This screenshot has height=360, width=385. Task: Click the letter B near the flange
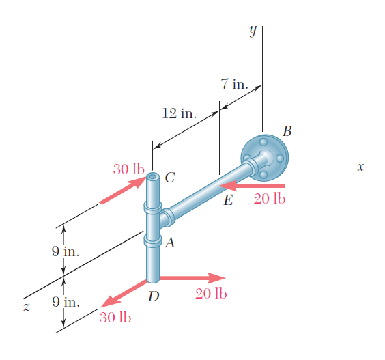coord(287,131)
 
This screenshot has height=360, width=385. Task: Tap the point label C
coord(170,178)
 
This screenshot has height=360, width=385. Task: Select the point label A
coord(170,243)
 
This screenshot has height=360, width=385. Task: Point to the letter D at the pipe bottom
coord(154,296)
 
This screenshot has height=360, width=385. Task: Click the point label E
coord(228,200)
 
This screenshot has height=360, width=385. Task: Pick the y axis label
coord(253,31)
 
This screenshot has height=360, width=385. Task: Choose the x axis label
coord(360,167)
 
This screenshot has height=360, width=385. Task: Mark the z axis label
coord(27,307)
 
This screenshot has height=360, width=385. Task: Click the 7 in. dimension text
coord(235,84)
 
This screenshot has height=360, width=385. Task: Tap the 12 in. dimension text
coord(180,113)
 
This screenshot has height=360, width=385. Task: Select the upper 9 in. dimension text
coord(66,251)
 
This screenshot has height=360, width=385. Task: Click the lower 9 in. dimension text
coord(66,302)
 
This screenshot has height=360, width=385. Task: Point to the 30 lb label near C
coord(128,169)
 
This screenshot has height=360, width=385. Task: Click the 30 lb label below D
coord(115,317)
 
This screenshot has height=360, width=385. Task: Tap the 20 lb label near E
coord(270,199)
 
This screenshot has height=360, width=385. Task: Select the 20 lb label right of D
coord(211,294)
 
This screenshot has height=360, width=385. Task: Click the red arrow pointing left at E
coord(252,186)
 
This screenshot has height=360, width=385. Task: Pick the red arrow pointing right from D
coord(192,278)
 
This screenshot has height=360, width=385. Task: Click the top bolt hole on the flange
coord(263,142)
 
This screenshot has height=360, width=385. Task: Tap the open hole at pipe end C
coord(153,176)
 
